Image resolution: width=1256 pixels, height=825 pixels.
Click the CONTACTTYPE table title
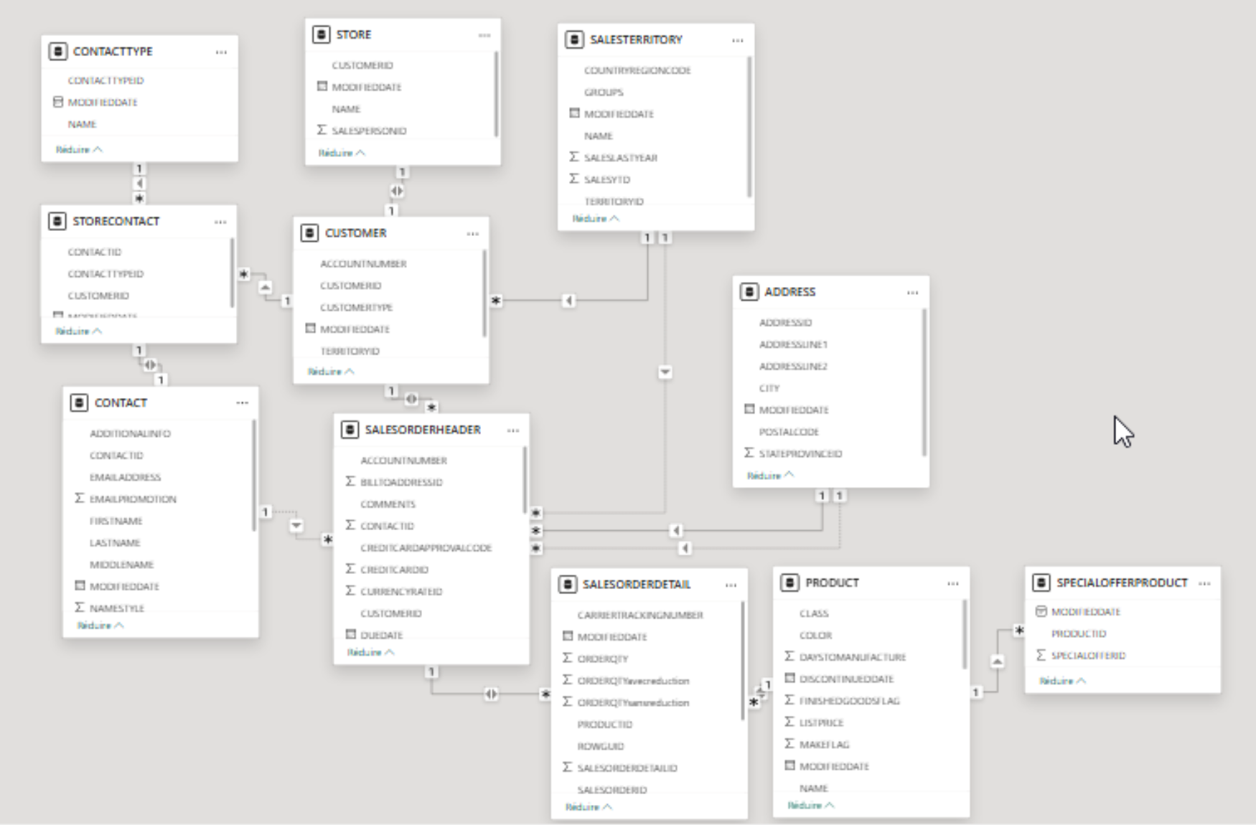point(113,52)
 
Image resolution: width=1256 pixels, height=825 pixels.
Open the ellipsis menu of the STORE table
point(484,35)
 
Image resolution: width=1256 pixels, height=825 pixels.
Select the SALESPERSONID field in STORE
point(369,131)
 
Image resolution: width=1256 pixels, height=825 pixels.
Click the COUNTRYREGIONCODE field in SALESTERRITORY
point(637,70)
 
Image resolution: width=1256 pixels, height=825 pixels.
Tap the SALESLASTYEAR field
point(620,158)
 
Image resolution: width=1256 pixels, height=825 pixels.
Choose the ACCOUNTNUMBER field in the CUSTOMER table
point(363,264)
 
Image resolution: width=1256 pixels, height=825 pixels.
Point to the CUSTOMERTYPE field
point(356,308)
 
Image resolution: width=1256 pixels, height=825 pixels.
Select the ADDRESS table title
point(789,292)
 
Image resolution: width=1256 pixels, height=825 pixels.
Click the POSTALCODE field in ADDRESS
point(789,432)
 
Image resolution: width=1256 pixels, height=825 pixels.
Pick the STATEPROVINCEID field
point(800,454)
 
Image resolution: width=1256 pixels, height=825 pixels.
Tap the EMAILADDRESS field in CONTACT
point(125,477)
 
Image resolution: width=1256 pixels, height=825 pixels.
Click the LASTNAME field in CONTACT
point(115,543)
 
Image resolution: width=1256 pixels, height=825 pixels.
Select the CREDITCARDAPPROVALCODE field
point(426,548)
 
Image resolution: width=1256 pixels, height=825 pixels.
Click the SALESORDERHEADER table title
point(422,430)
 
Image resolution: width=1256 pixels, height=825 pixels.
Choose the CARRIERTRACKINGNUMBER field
point(640,616)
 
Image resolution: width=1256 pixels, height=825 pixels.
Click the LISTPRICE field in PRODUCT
point(821,722)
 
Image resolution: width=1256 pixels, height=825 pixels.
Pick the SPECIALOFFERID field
point(1088,656)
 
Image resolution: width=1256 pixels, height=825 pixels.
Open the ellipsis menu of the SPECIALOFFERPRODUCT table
point(1204,583)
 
